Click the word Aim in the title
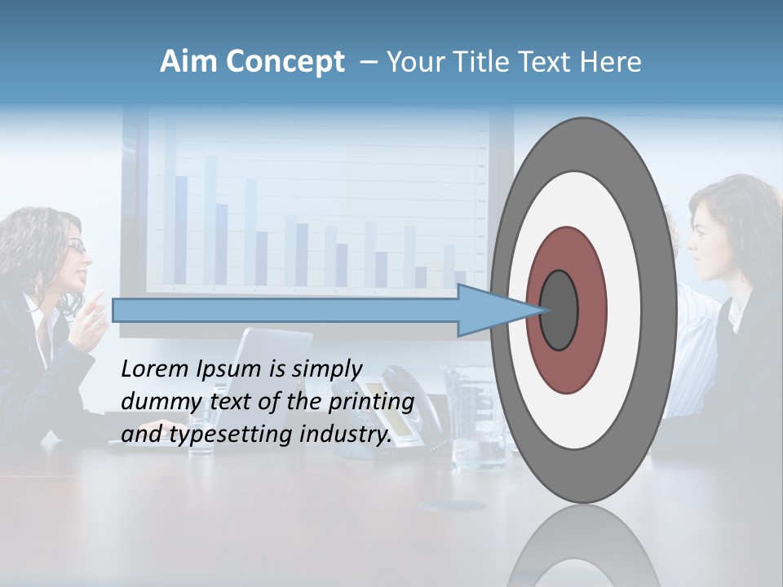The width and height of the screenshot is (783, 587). (189, 62)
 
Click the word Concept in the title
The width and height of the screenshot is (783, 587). (285, 62)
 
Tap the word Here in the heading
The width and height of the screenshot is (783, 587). (611, 62)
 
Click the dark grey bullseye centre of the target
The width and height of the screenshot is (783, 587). (560, 311)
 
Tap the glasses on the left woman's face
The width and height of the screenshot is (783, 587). (77, 245)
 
